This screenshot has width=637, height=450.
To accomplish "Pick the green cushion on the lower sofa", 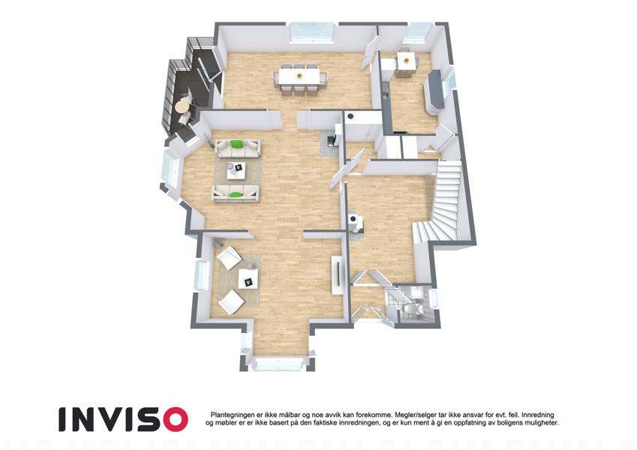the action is (x=234, y=195).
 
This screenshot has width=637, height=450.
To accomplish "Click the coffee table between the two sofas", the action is (x=237, y=169).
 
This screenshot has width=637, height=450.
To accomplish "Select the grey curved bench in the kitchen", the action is (x=434, y=91).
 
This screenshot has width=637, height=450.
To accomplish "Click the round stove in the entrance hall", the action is (x=355, y=222).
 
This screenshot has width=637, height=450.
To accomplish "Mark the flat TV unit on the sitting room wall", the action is (x=337, y=275).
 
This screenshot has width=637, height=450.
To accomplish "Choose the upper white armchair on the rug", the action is (x=229, y=257).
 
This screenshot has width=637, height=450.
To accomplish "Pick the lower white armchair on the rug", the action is (x=230, y=302).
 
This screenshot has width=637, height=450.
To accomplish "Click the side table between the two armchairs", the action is (x=248, y=278).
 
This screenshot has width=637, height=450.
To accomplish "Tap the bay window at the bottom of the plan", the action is (x=280, y=363).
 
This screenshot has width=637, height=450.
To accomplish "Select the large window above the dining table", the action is (x=312, y=32).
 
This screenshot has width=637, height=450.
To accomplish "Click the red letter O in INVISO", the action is (x=175, y=419).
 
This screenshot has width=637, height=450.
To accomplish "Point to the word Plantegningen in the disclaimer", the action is (x=231, y=415).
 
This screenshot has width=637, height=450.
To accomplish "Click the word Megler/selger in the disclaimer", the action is (x=414, y=415).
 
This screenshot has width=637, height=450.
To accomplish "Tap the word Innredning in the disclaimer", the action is (x=538, y=415).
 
